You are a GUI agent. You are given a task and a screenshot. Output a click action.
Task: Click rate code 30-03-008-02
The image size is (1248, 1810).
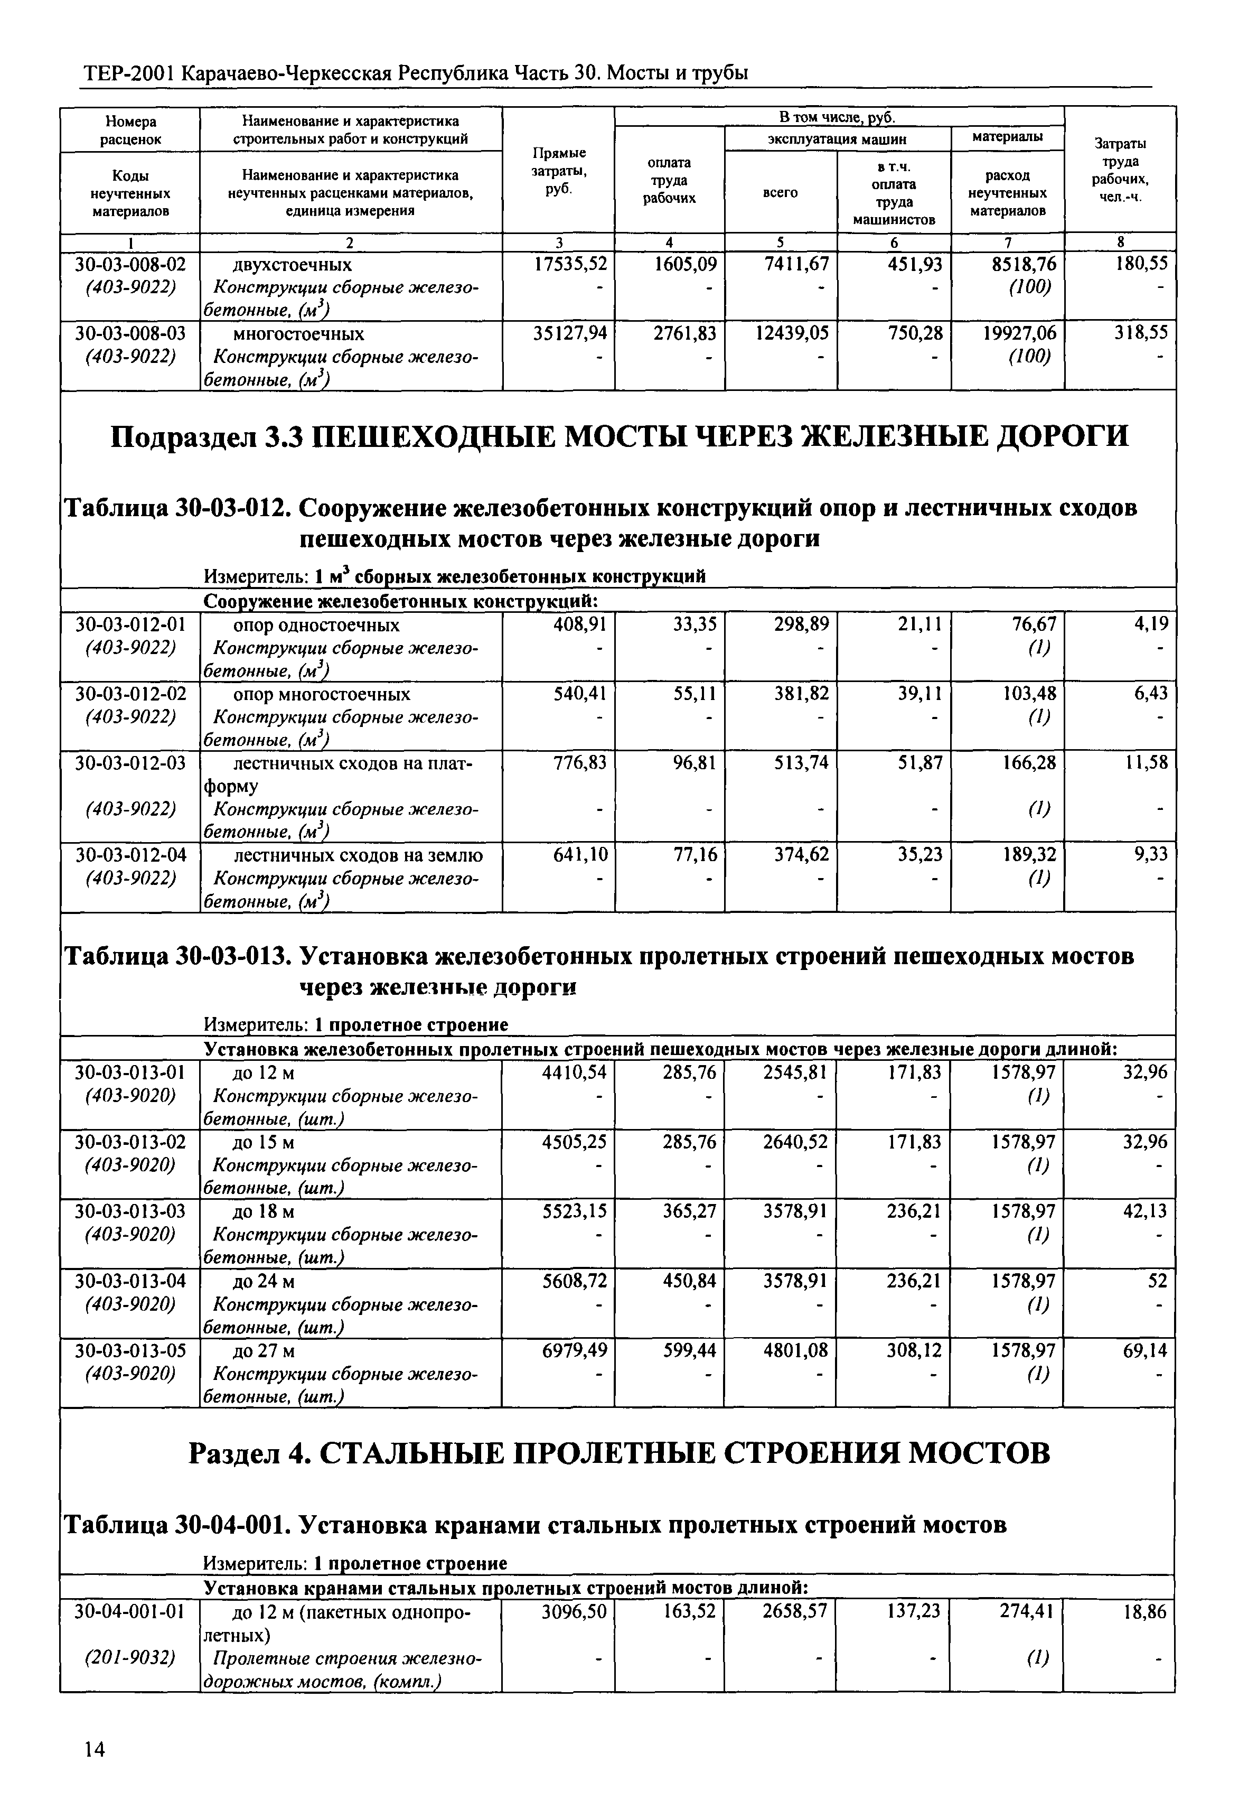[130, 264]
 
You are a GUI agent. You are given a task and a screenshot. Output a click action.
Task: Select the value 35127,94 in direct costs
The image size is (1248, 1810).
[569, 333]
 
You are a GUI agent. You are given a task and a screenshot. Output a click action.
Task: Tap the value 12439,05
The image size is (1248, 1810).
[791, 333]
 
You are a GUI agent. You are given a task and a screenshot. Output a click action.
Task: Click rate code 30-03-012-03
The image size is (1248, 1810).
[130, 763]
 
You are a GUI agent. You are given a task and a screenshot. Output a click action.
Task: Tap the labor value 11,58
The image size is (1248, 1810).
[1147, 763]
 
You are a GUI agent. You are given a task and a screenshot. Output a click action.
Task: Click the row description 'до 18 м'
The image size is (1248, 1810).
[264, 1211]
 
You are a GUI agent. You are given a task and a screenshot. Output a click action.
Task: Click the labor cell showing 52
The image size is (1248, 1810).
[1157, 1281]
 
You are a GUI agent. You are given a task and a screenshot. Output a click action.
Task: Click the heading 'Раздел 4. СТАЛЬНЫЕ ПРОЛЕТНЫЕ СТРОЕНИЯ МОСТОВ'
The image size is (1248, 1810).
[620, 1453]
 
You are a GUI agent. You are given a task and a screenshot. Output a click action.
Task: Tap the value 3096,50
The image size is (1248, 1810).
[574, 1611]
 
